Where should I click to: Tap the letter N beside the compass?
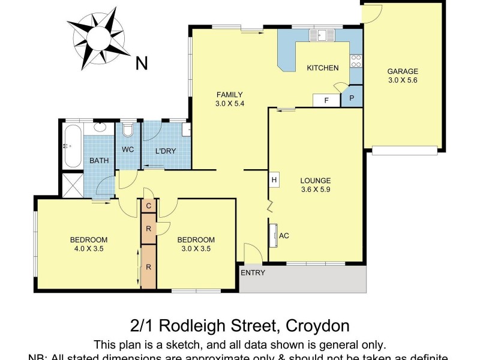coord(142,63)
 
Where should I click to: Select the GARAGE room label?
coord(403,71)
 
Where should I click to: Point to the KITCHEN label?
coord(323,68)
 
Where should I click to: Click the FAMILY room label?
coord(230,94)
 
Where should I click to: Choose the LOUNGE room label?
coord(316,180)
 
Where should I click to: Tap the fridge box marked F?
coord(326,100)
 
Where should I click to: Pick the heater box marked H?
coord(274,179)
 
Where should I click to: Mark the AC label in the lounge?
coord(284,236)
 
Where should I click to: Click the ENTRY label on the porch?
coord(253,273)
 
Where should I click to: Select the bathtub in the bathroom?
coord(72,145)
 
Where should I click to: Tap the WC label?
coord(128,149)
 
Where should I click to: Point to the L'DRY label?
coord(166,151)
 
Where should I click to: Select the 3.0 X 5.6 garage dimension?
coord(403,80)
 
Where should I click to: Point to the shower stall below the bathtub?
coord(72,184)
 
